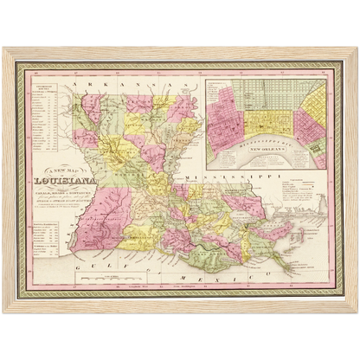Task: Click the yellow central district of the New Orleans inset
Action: pyautogui.click(x=268, y=112)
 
